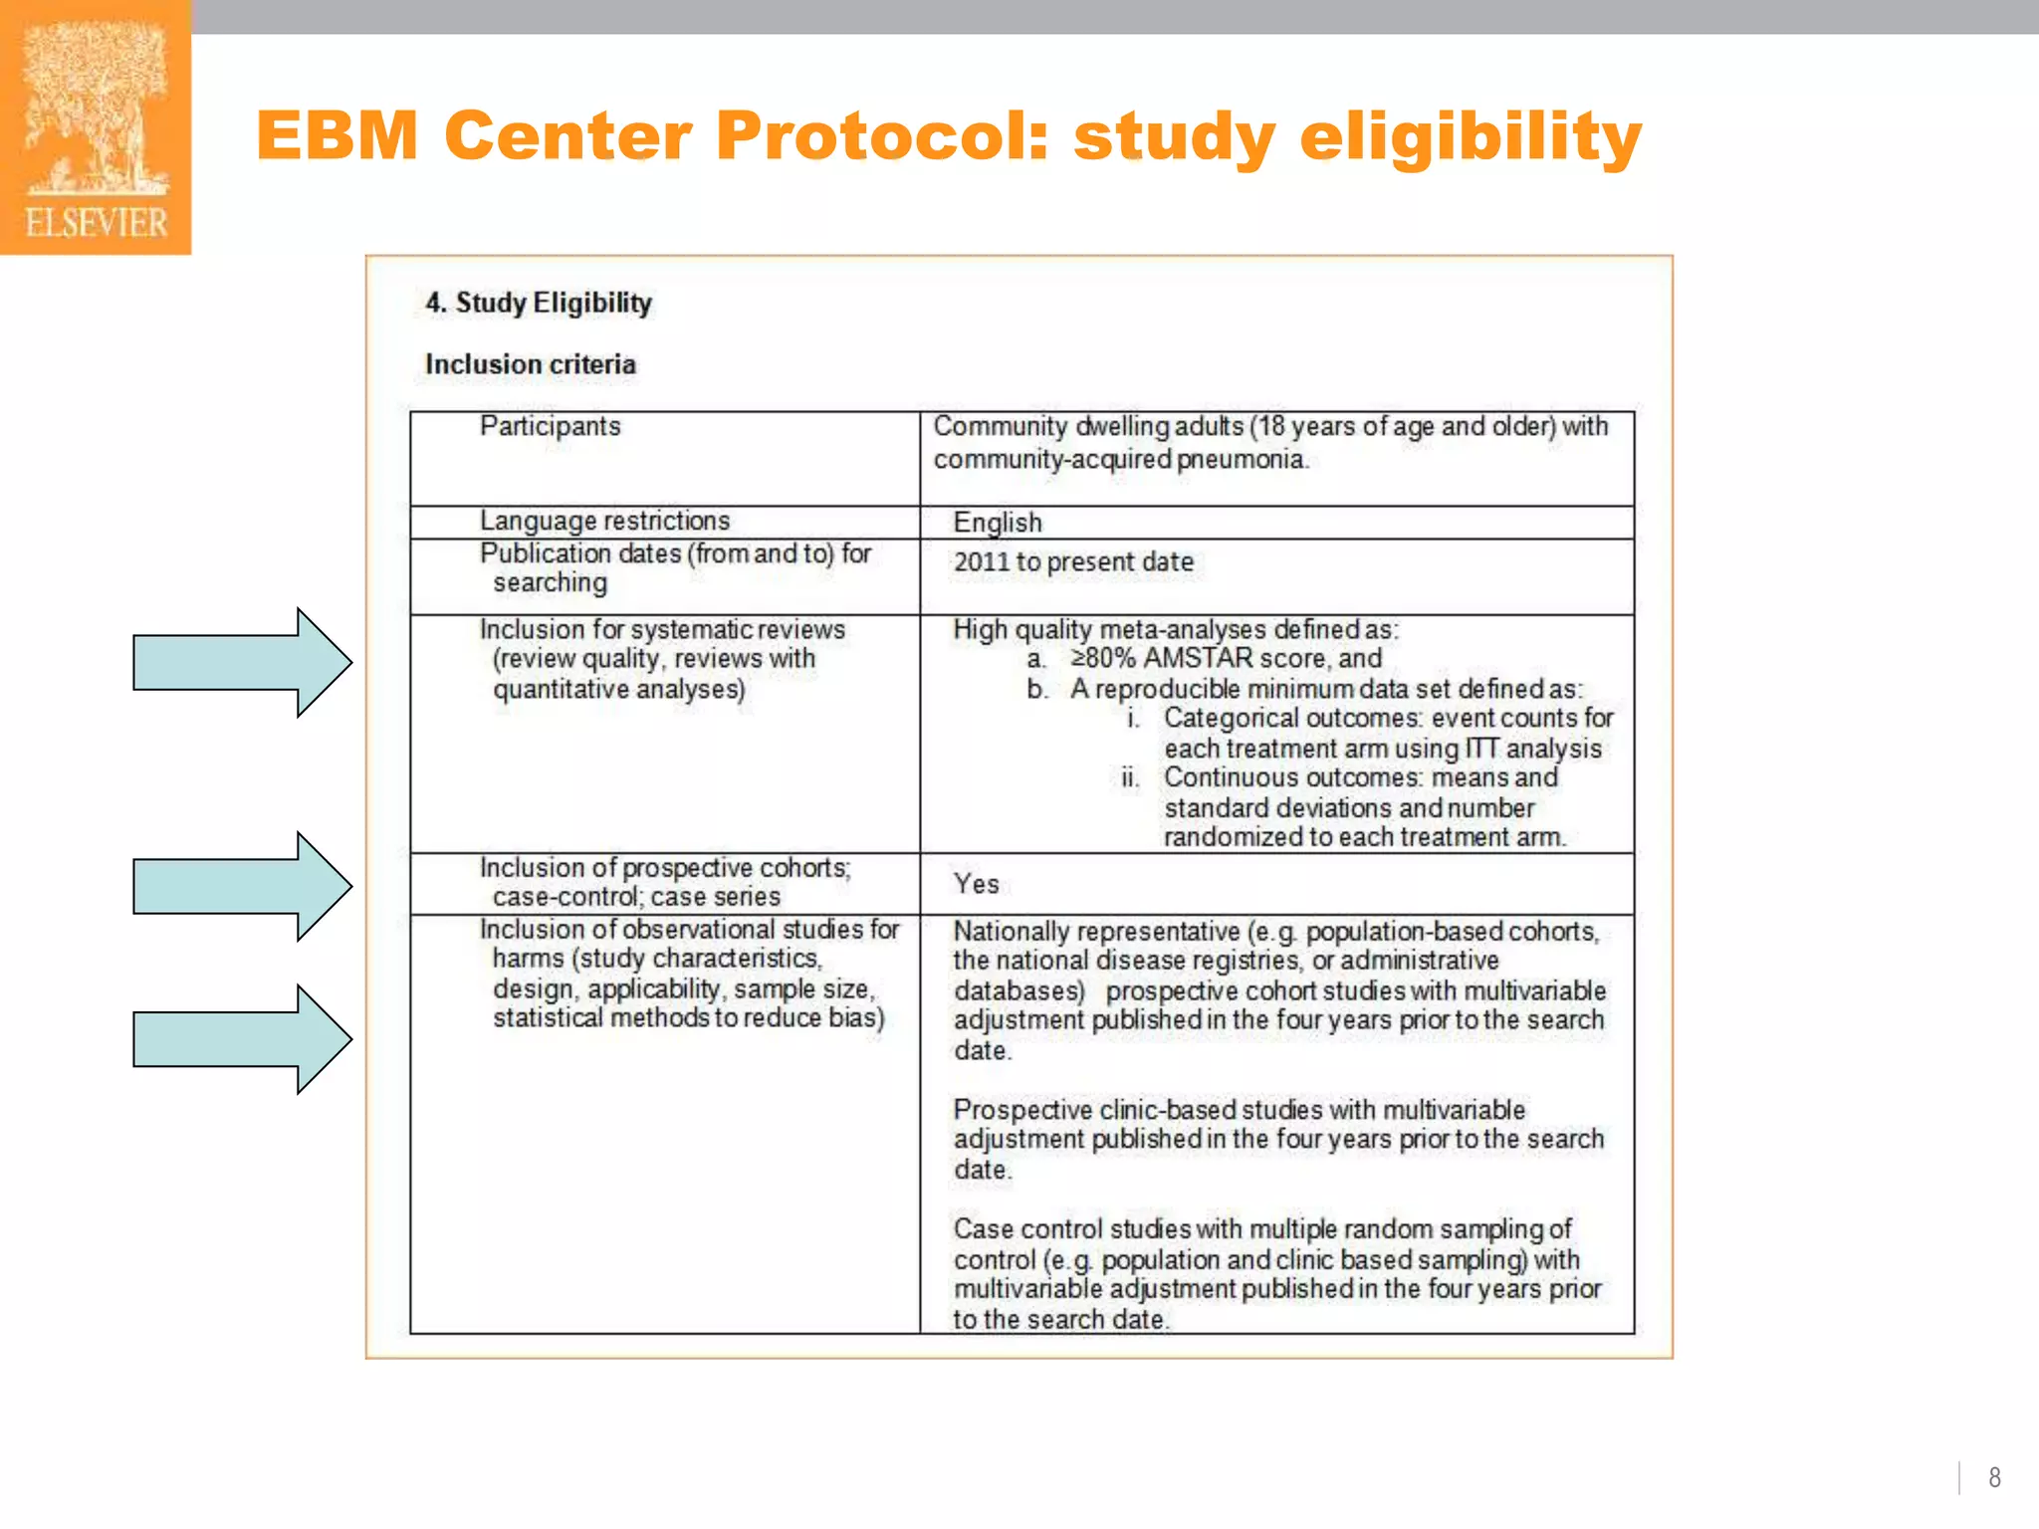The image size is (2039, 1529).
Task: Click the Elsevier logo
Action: pyautogui.click(x=96, y=127)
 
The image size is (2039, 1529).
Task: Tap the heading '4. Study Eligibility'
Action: pyautogui.click(x=539, y=303)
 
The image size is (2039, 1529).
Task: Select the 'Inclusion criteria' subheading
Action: pyautogui.click(x=530, y=364)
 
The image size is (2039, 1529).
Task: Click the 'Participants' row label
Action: pyautogui.click(x=550, y=426)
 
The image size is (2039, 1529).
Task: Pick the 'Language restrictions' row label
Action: pyautogui.click(x=604, y=521)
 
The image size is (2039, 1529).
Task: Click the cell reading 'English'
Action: pyautogui.click(x=998, y=523)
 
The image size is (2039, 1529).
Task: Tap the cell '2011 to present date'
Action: pyautogui.click(x=1073, y=562)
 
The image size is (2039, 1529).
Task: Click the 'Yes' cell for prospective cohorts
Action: pyautogui.click(x=976, y=884)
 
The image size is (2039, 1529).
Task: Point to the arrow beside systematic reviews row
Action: pyautogui.click(x=242, y=662)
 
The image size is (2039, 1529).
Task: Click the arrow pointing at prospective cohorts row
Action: pyautogui.click(x=242, y=886)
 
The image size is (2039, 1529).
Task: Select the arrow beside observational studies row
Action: pyautogui.click(x=242, y=1039)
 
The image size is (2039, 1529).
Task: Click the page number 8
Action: pyautogui.click(x=1994, y=1477)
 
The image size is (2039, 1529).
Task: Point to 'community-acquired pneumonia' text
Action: pyautogui.click(x=1120, y=460)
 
